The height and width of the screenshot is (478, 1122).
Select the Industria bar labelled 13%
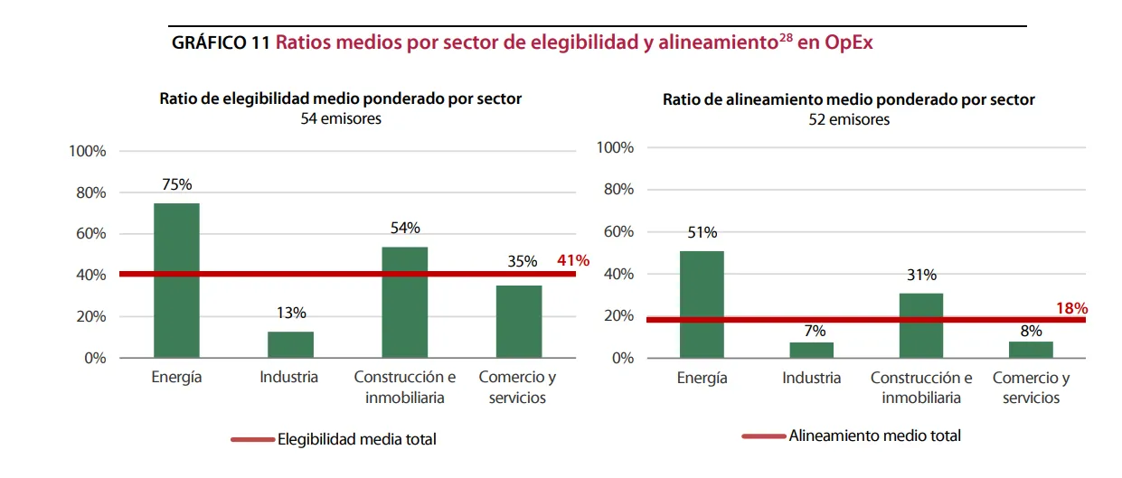pos(290,344)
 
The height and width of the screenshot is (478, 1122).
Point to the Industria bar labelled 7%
pos(811,350)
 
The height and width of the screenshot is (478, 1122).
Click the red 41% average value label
pos(573,260)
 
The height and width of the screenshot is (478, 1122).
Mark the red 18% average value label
pos(1071,308)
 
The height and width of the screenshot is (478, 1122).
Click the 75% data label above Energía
pos(176,184)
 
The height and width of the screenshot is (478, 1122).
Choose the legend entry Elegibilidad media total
pos(356,439)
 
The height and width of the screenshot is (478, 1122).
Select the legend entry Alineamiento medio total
pos(874,436)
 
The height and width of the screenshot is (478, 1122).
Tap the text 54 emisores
pos(341,118)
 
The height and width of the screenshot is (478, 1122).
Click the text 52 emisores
pos(848,119)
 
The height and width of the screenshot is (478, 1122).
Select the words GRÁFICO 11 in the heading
pos(221,42)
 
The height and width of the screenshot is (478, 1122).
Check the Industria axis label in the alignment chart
pos(811,378)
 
